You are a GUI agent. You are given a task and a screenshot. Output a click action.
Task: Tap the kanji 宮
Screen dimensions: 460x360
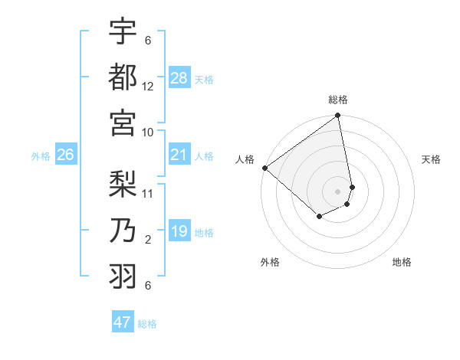(x=123, y=122)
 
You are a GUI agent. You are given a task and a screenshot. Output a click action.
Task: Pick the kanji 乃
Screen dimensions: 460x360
(x=123, y=230)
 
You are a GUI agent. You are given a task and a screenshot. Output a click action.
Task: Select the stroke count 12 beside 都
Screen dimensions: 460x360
(x=148, y=87)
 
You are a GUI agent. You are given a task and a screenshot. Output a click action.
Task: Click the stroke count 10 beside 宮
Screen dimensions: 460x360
(x=148, y=133)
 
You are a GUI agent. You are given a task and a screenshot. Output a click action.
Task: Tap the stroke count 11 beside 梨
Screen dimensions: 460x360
(x=148, y=193)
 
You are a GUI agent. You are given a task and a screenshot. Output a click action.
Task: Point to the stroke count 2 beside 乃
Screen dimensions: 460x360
(x=148, y=240)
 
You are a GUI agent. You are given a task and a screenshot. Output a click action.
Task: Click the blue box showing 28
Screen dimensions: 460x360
(x=179, y=78)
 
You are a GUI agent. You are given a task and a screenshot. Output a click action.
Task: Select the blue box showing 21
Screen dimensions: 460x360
(x=179, y=155)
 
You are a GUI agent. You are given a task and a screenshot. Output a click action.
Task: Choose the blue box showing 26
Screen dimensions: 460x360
(x=65, y=155)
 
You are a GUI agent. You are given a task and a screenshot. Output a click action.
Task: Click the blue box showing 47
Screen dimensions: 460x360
(x=123, y=322)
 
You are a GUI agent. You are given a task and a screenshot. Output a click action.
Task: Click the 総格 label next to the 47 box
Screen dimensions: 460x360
(x=147, y=324)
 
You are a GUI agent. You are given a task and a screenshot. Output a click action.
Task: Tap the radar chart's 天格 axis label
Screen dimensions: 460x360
(x=431, y=159)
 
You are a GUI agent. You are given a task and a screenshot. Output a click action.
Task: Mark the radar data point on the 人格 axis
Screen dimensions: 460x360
(x=264, y=168)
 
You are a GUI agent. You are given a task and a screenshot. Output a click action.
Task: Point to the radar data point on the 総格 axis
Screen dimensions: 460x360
(x=337, y=116)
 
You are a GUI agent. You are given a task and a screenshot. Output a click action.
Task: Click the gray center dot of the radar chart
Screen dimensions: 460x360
(x=337, y=191)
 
